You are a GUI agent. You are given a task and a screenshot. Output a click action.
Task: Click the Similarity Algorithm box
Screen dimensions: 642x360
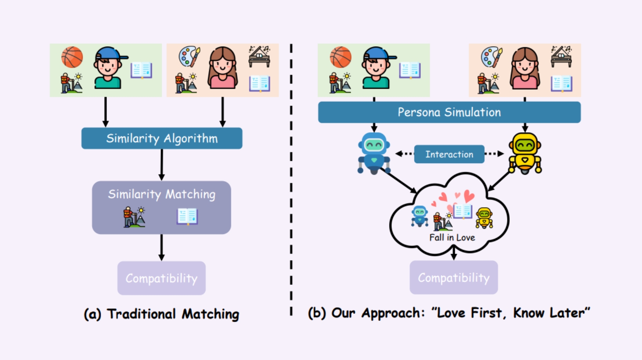point(162,139)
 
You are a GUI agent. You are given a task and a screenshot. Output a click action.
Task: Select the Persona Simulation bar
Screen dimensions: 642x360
point(449,112)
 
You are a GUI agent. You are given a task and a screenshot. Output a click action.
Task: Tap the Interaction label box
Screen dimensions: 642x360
point(449,154)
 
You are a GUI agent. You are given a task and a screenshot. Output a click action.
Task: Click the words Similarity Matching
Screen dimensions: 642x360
point(162,194)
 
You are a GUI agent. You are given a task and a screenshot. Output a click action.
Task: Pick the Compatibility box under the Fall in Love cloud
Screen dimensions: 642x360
point(454,277)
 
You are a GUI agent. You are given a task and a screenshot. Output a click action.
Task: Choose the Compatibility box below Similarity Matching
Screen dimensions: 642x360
point(161,278)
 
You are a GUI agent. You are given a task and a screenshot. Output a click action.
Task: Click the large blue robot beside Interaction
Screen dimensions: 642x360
point(374,153)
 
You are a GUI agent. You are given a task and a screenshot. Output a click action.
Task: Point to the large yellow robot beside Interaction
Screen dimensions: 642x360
point(525,153)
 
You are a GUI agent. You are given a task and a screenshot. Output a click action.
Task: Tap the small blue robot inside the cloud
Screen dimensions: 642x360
point(420,216)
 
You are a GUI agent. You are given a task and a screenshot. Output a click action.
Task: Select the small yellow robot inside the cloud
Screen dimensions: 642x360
point(484,218)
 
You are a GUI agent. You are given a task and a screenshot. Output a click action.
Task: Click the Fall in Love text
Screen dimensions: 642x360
point(452,238)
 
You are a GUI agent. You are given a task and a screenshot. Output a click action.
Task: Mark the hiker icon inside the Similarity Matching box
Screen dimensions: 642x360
point(134,217)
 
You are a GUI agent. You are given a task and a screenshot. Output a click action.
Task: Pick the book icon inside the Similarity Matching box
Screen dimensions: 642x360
point(187,216)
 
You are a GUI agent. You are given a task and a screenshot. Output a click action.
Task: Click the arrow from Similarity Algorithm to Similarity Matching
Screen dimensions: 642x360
point(162,165)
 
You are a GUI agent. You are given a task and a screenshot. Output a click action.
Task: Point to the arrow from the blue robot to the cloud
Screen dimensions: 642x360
point(399,181)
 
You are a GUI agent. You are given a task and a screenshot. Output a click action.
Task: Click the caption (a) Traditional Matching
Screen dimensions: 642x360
point(161,314)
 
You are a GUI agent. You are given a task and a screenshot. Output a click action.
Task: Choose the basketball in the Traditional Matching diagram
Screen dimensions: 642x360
point(72,57)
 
